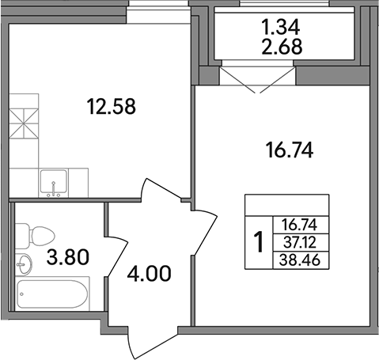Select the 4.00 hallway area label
click(x=149, y=276)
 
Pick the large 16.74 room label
click(x=284, y=150)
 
